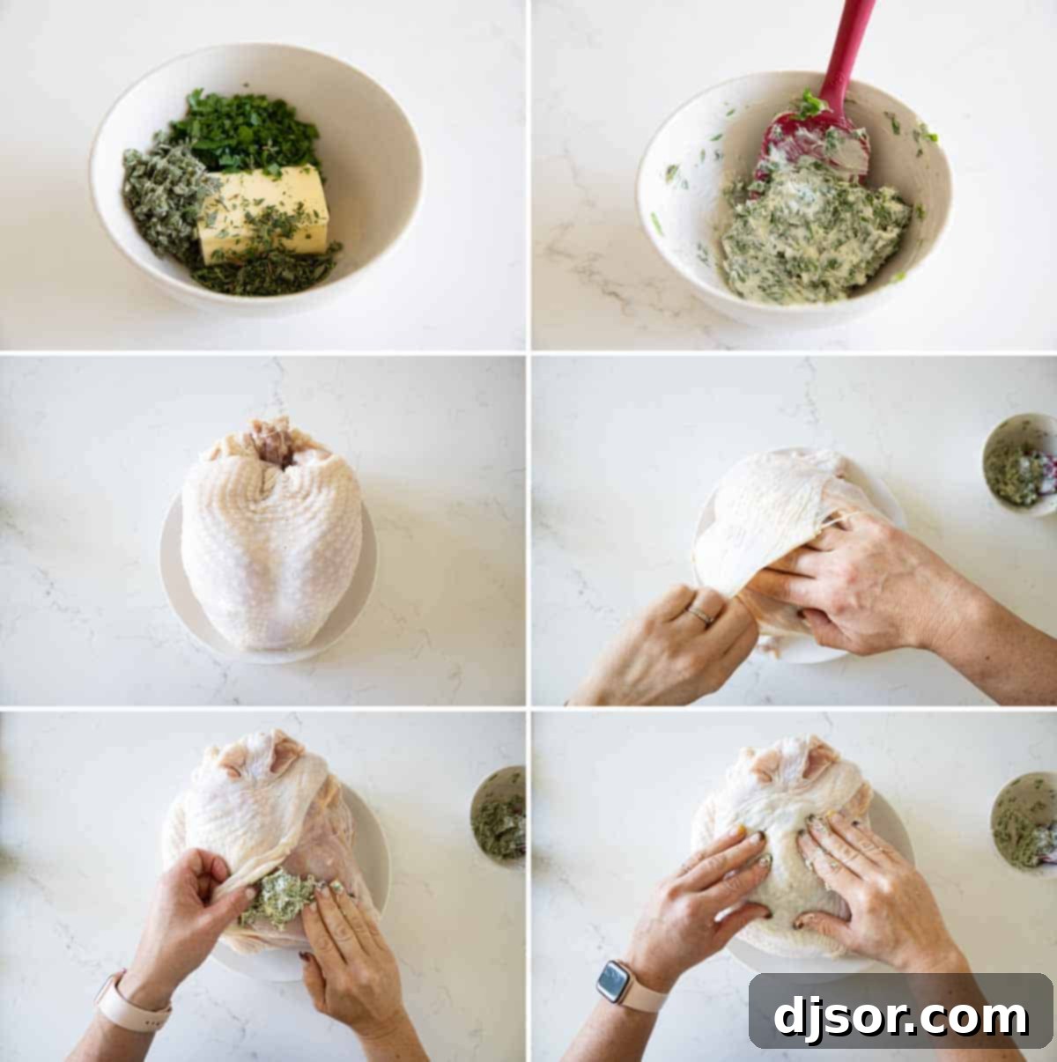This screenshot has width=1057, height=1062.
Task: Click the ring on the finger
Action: [700, 616]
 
